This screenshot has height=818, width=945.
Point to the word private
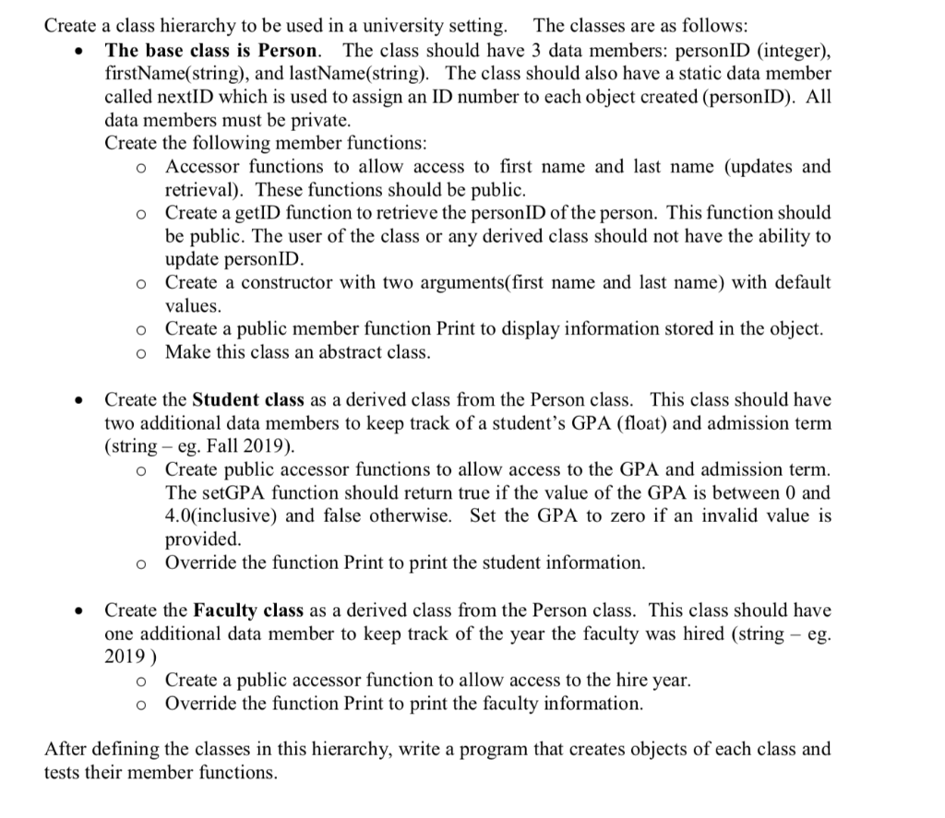[x=318, y=120]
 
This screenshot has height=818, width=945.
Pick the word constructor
[x=288, y=282]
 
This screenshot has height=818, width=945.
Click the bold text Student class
[x=243, y=400]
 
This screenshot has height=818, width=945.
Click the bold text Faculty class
[x=242, y=611]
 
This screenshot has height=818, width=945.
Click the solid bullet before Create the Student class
[x=81, y=401]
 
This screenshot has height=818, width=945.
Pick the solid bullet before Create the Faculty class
[x=81, y=611]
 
